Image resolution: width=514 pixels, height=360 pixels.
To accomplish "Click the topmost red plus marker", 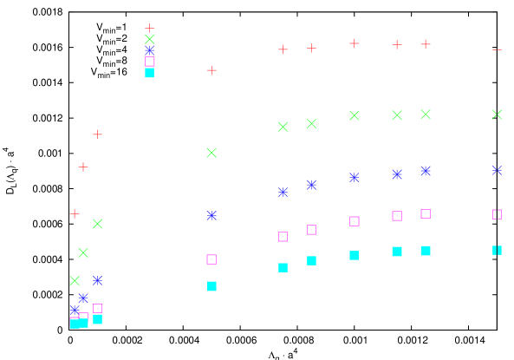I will pos(150,29).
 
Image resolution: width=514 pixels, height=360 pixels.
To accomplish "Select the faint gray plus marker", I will pos(311,48).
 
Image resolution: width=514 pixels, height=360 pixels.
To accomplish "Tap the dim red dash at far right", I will pos(497,49).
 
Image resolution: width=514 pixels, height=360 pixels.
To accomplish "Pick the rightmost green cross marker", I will pos(497,115).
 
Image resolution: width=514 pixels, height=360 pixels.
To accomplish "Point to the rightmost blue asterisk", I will pos(497,170).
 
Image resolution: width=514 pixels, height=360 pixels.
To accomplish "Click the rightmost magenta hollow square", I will pos(497,214).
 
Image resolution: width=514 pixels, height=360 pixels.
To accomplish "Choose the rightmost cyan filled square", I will pos(497,250).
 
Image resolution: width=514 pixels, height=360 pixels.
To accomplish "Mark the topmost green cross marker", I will pos(150,39).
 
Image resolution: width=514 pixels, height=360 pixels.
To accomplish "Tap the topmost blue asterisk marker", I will pos(150,50).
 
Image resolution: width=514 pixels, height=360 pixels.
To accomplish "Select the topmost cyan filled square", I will pos(150,73).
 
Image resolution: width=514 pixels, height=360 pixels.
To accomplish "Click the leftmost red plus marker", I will pos(75,213).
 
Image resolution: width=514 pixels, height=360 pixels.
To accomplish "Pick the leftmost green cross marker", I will pos(75,280).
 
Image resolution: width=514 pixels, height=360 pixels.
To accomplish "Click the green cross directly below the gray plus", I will pos(311,123).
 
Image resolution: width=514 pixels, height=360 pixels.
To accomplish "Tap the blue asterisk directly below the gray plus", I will pos(311,185).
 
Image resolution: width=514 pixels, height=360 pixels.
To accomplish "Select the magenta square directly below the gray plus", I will pos(311,230).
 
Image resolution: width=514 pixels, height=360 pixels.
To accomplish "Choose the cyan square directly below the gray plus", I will pos(311,260).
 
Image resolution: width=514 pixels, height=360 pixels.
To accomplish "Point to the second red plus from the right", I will pos(397,44).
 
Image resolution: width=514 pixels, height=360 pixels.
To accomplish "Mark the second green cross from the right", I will pos(426,115).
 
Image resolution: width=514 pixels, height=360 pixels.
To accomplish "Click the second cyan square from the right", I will pos(426,251).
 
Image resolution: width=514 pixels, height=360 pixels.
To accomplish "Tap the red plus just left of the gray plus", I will pos(283,49).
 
